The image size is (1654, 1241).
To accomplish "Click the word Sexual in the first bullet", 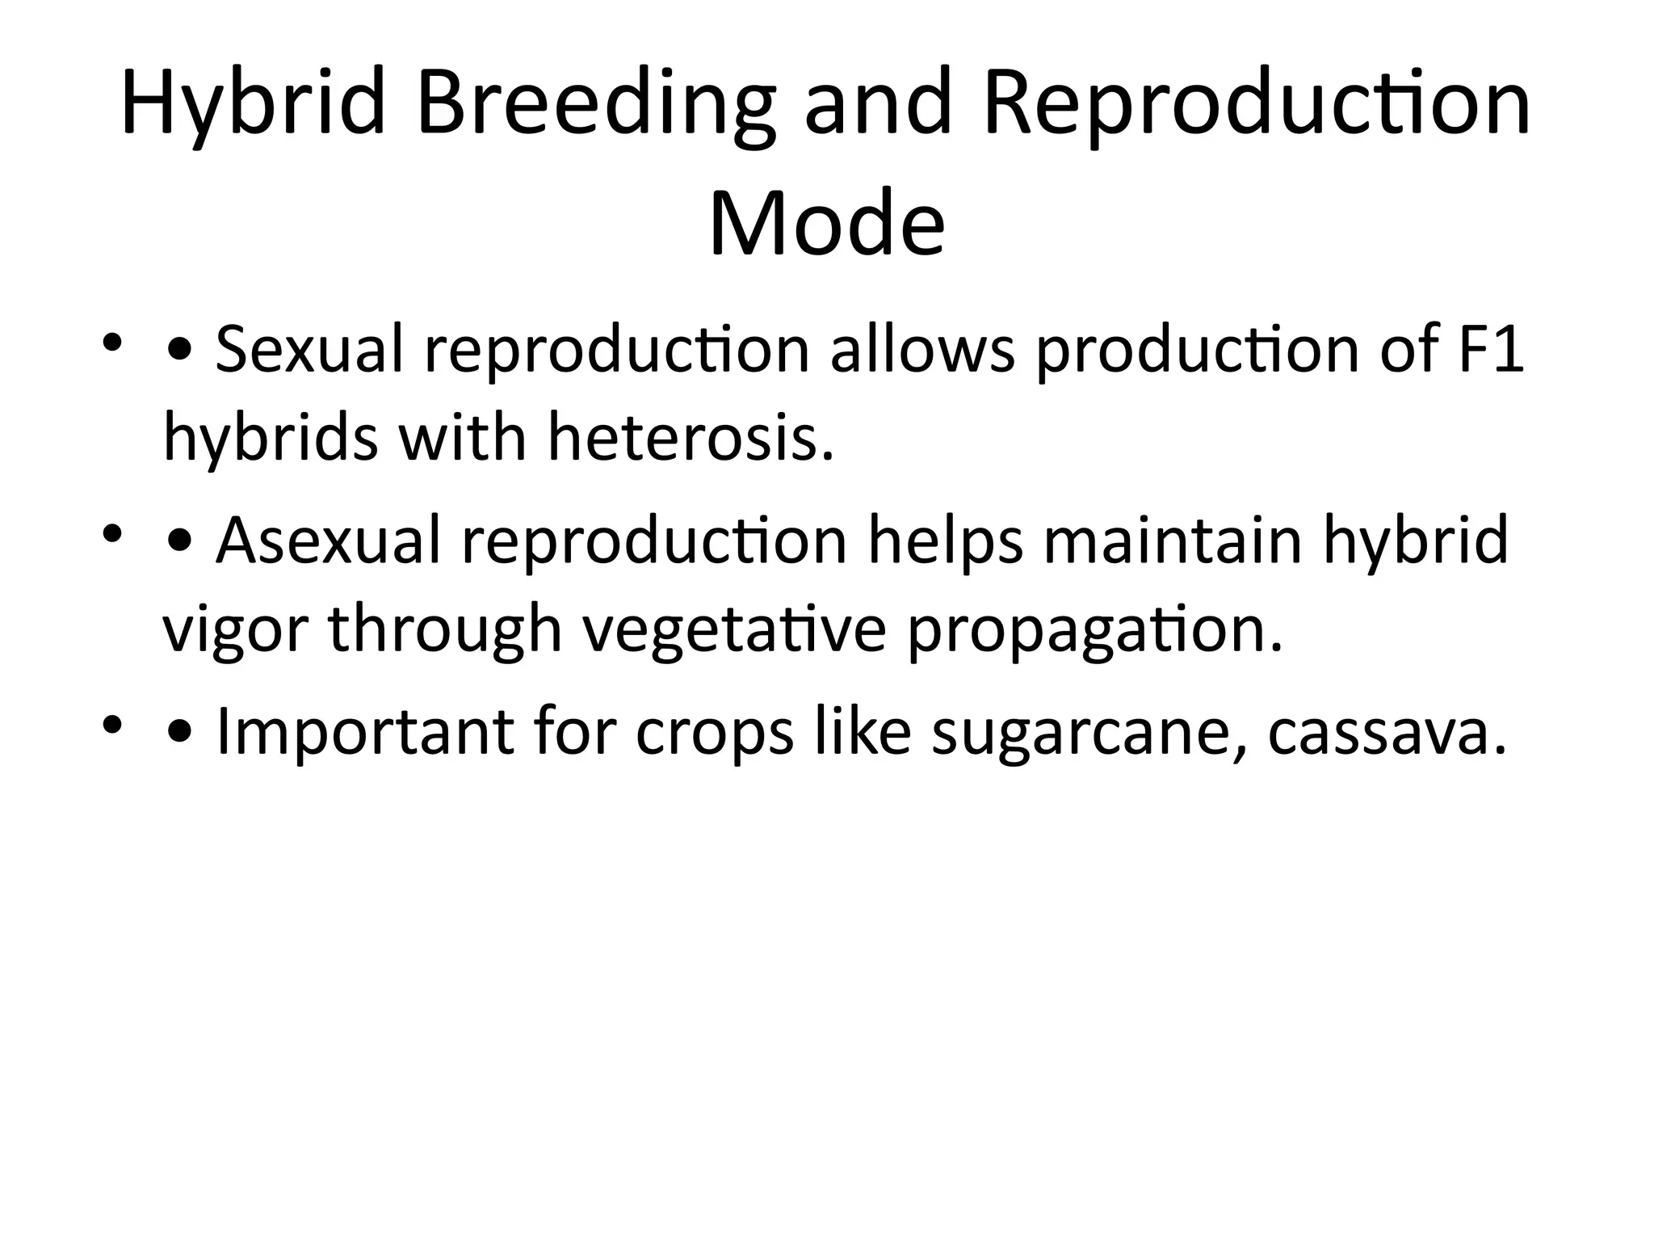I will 309,350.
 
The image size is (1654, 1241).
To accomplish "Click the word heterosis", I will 691,437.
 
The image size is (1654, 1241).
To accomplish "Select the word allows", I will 922,350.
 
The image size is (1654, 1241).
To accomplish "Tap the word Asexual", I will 328,541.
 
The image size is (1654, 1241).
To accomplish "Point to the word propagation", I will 1094,630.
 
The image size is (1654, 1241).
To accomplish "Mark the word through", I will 444,630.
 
